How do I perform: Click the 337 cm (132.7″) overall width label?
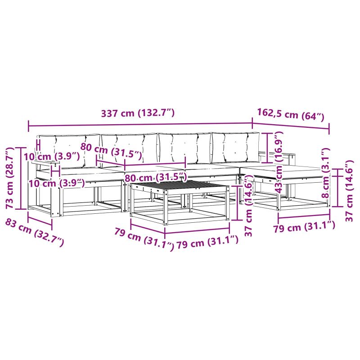pyautogui.click(x=138, y=113)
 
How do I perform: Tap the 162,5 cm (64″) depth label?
pyautogui.click(x=290, y=115)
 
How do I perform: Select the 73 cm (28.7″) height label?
pyautogui.click(x=9, y=178)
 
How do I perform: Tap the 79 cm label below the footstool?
pyautogui.click(x=304, y=227)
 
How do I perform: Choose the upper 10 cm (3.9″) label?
pyautogui.click(x=52, y=157)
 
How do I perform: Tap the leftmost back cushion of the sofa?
pyautogui.click(x=69, y=150)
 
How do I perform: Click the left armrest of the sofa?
pyautogui.click(x=46, y=163)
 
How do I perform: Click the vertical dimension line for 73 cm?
pyautogui.click(x=21, y=178)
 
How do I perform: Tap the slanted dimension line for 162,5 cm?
pyautogui.click(x=291, y=126)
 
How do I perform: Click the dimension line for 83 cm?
pyautogui.click(x=40, y=220)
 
